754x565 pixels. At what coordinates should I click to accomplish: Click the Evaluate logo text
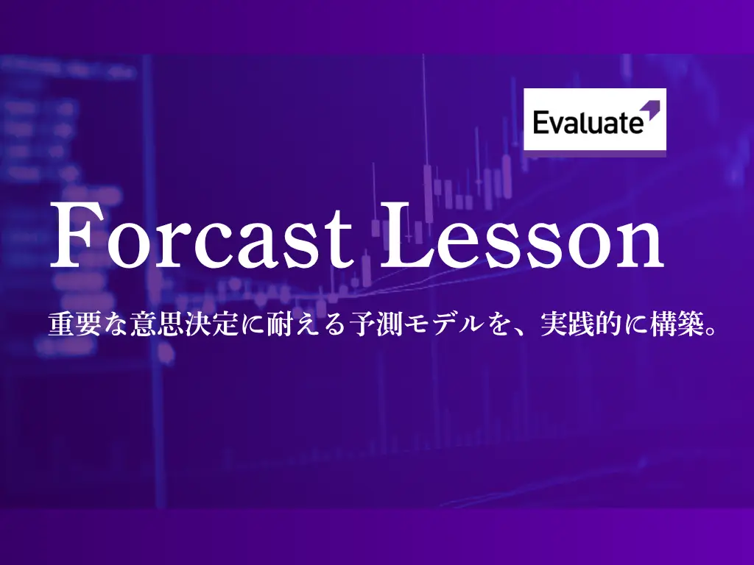point(588,122)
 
